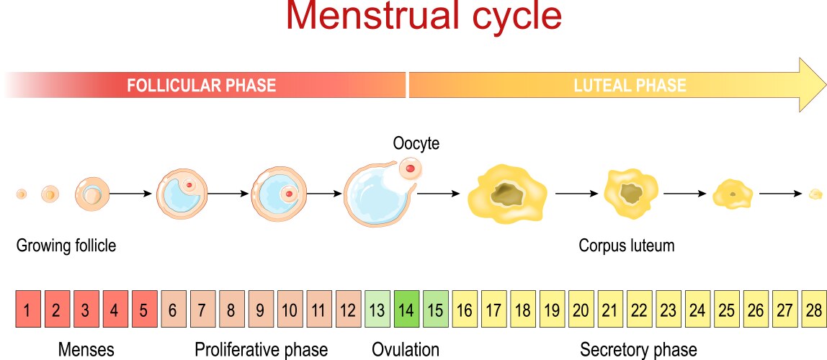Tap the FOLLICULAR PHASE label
[x=202, y=86]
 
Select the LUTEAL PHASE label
[x=630, y=86]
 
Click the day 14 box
[x=406, y=311]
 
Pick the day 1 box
[x=27, y=311]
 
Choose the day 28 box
[x=814, y=311]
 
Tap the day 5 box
[x=144, y=311]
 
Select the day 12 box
[x=348, y=311]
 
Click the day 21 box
[x=610, y=311]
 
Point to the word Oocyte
[x=416, y=143]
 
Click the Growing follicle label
[x=66, y=246]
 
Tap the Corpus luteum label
[x=627, y=246]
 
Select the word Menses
[x=86, y=350]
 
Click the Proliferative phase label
[x=261, y=350]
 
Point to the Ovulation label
[x=406, y=350]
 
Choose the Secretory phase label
[x=638, y=350]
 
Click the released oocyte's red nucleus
[x=410, y=169]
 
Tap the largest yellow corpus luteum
[x=505, y=193]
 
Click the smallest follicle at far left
[x=22, y=194]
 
